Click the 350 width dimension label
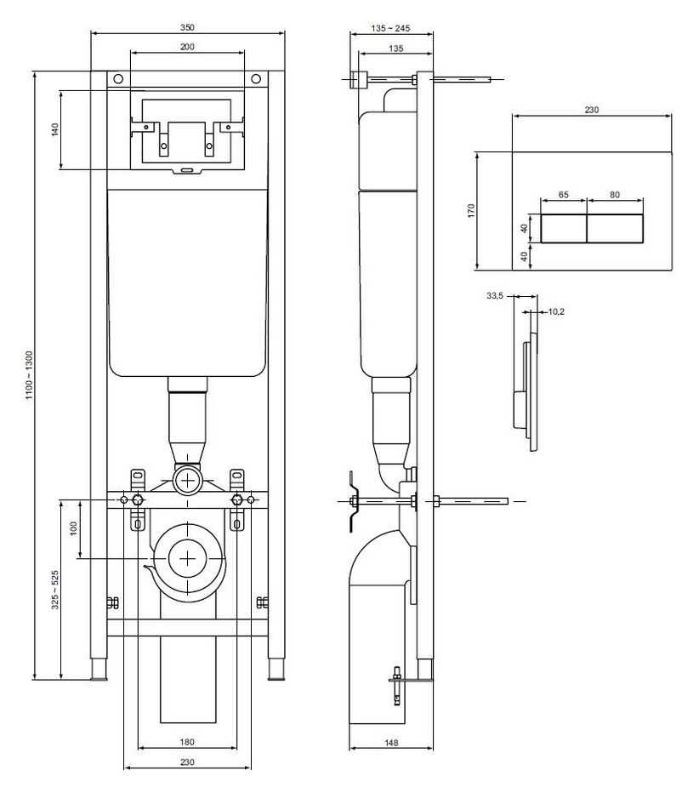tap(187, 27)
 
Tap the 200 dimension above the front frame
tap(187, 47)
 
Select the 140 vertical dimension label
tap(54, 129)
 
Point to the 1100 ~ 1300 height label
tap(29, 375)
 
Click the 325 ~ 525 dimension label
tap(54, 590)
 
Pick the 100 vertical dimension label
tap(74, 528)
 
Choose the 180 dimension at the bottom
tap(187, 742)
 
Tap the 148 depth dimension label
tap(391, 743)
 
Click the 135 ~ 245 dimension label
tap(390, 28)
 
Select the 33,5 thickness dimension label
tap(495, 296)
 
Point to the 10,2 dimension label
tap(556, 311)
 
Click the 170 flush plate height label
tap(471, 210)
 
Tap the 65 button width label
tap(564, 195)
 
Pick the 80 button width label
tap(615, 195)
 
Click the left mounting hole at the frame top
tap(117, 79)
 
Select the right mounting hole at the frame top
tap(256, 79)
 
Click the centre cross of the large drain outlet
tap(188, 558)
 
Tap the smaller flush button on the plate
tap(564, 229)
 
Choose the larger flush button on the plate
tap(615, 229)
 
